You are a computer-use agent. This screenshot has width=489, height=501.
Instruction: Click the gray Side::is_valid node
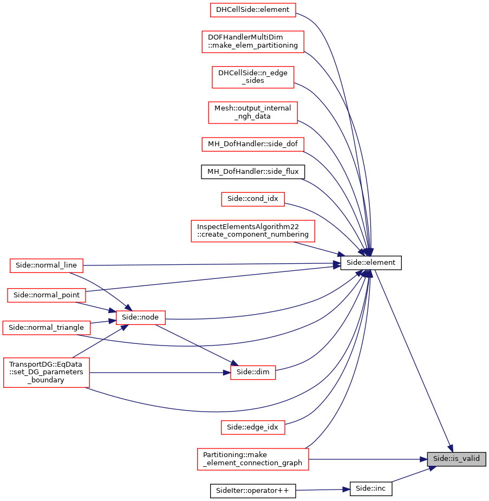tap(456, 459)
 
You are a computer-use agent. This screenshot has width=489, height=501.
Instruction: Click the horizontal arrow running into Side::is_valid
tap(368, 459)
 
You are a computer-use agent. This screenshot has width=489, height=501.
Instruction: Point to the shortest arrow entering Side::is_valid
tap(414, 474)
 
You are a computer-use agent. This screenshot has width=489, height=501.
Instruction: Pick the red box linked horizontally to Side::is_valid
tap(253, 459)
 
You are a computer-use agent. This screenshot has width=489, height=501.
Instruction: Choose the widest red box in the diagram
tap(253, 231)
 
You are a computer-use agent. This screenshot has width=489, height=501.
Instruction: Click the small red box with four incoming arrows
tap(141, 318)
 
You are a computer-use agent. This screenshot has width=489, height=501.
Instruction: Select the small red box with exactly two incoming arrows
tap(253, 373)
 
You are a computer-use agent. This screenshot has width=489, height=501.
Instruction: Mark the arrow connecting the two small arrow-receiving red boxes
tap(195, 343)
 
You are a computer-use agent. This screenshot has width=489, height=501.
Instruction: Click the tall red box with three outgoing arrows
tap(47, 373)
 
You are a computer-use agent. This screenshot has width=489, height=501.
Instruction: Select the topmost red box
tap(253, 10)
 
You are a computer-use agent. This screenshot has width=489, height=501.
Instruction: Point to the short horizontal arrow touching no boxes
tap(323, 490)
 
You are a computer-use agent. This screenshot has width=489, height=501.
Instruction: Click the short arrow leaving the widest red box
tap(320, 249)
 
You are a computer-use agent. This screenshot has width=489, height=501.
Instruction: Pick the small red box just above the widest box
tap(253, 199)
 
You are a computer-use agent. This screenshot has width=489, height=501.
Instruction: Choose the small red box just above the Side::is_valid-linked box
tap(253, 427)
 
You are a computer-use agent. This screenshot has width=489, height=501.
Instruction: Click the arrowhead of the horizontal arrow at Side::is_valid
tap(423, 459)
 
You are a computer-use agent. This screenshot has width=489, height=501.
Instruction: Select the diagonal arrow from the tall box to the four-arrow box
tap(100, 341)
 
